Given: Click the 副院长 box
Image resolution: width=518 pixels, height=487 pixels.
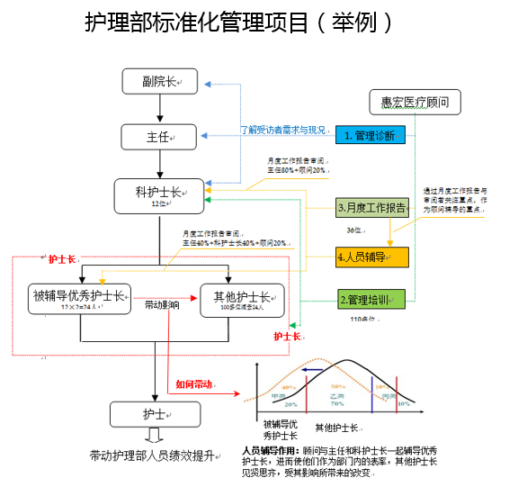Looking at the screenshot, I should point(159,81).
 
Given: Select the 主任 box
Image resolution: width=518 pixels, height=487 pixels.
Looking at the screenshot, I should point(159,137).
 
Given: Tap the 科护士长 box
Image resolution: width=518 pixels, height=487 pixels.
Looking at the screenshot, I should point(159,195).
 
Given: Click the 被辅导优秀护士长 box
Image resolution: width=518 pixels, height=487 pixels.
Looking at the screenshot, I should point(80,299).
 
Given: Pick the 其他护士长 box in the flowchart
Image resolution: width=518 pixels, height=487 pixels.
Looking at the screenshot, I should point(241,299).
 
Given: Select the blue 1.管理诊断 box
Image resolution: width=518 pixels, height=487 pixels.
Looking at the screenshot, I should point(371,136).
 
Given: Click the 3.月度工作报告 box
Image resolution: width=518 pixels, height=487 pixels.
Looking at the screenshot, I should point(372,208).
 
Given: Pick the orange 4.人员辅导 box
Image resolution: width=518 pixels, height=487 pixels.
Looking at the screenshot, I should point(371,257).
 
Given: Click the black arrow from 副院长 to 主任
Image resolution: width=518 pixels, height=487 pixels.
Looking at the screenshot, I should point(159,109).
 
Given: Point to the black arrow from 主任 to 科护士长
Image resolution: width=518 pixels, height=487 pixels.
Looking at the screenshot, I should point(159,165).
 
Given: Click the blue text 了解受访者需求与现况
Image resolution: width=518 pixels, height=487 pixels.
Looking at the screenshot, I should point(281,130).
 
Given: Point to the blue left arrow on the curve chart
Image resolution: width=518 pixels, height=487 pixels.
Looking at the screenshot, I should point(312,369).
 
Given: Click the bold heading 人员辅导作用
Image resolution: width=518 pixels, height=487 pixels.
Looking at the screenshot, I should point(271,450).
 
